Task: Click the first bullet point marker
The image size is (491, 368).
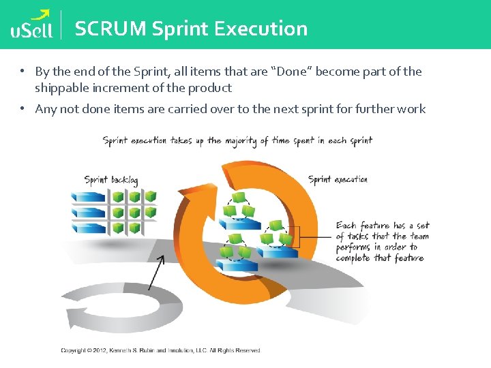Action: click(22, 72)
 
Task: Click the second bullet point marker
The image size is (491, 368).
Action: click(22, 109)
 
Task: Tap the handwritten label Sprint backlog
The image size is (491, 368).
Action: click(111, 181)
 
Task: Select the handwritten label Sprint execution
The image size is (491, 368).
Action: click(338, 179)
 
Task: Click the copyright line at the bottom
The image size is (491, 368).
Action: click(160, 350)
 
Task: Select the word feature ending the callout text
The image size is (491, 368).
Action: click(408, 258)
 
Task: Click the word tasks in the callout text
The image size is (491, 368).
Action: click(357, 236)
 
